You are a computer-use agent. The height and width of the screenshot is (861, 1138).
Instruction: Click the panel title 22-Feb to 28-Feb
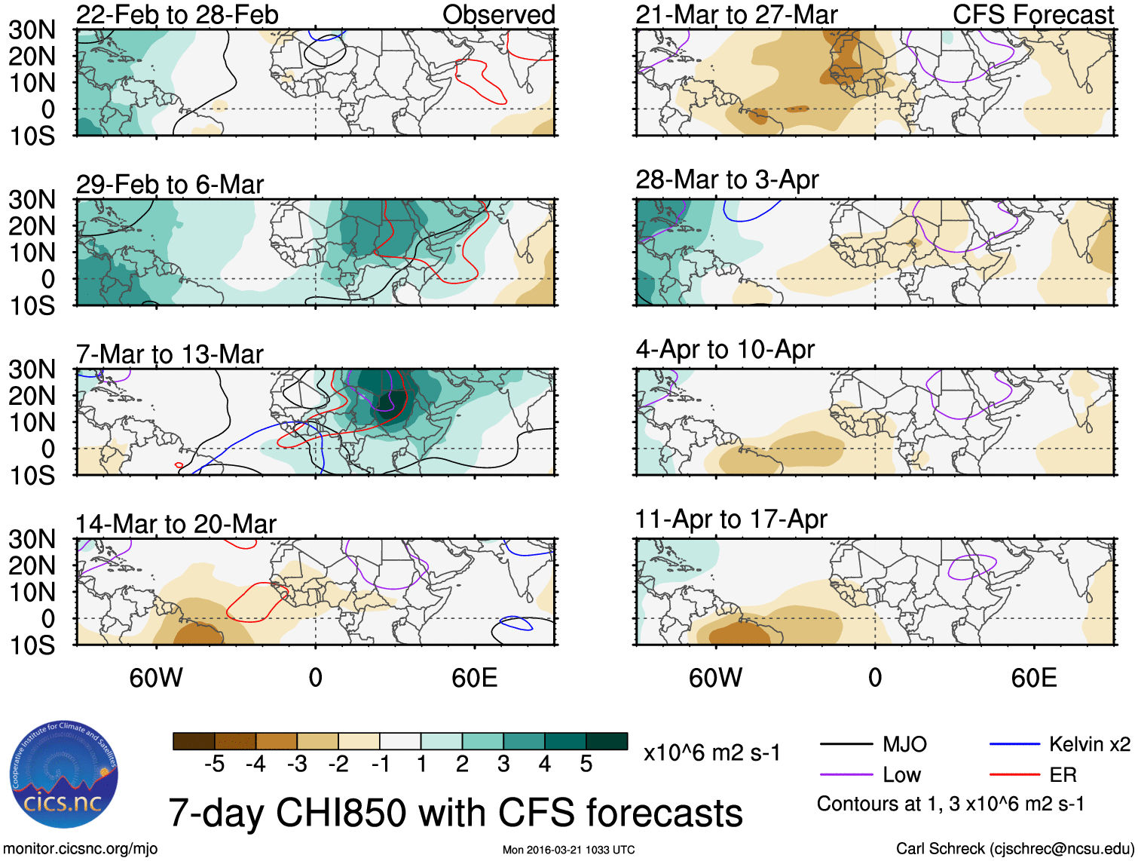(177, 14)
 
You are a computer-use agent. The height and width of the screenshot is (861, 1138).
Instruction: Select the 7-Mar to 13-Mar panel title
(170, 354)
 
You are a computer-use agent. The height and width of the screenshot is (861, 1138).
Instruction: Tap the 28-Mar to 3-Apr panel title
(727, 179)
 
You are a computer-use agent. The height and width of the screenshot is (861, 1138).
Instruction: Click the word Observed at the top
(498, 14)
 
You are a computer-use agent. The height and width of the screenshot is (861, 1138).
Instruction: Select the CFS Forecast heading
(1032, 14)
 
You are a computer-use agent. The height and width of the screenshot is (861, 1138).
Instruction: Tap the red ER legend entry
(1063, 774)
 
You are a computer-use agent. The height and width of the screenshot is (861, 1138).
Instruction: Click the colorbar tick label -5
(214, 764)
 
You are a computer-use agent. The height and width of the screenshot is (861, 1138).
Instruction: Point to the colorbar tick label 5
(586, 764)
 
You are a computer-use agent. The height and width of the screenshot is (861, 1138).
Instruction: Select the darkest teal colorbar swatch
(607, 741)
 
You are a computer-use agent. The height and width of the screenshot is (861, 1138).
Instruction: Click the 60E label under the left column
(474, 678)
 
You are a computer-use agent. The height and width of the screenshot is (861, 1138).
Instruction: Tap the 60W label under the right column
(715, 678)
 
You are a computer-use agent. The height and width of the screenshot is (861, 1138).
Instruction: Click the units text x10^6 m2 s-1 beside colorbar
(711, 752)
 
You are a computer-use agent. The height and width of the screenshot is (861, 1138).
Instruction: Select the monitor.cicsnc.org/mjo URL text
(81, 848)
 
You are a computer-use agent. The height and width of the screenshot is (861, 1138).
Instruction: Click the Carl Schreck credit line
(1014, 848)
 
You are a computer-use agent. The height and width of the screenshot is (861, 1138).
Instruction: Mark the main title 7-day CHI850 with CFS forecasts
(455, 813)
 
